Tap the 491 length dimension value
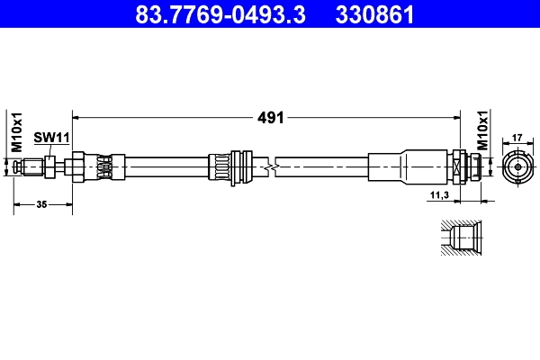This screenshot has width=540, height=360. (x=271, y=117)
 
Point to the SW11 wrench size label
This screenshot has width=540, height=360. (x=51, y=137)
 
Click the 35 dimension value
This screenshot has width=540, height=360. (x=42, y=205)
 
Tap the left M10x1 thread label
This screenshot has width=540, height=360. (x=15, y=133)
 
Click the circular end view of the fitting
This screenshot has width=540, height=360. (x=517, y=167)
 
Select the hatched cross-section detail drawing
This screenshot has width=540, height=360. (x=461, y=239)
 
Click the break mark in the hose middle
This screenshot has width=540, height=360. (x=270, y=167)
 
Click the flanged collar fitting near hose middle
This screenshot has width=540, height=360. (x=235, y=167)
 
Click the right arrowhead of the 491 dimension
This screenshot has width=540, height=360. (x=456, y=117)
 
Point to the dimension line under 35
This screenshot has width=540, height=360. (x=42, y=212)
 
